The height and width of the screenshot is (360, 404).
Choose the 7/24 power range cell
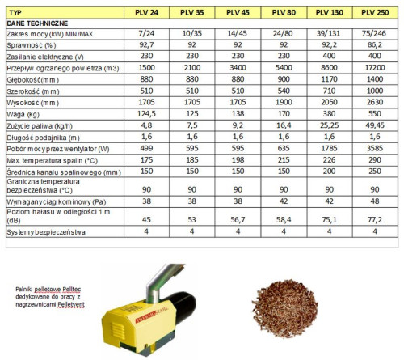click(x=147, y=36)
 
